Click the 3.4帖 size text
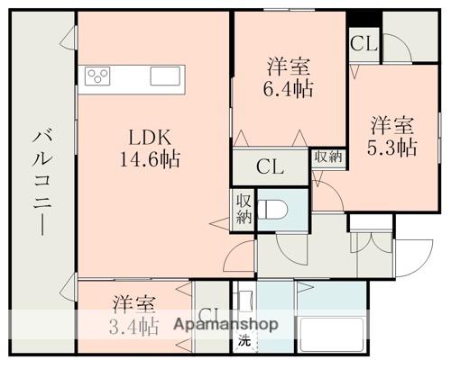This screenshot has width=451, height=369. [x=133, y=325]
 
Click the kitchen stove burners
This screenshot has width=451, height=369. [x=97, y=76]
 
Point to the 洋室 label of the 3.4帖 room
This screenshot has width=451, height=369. [x=133, y=304]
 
